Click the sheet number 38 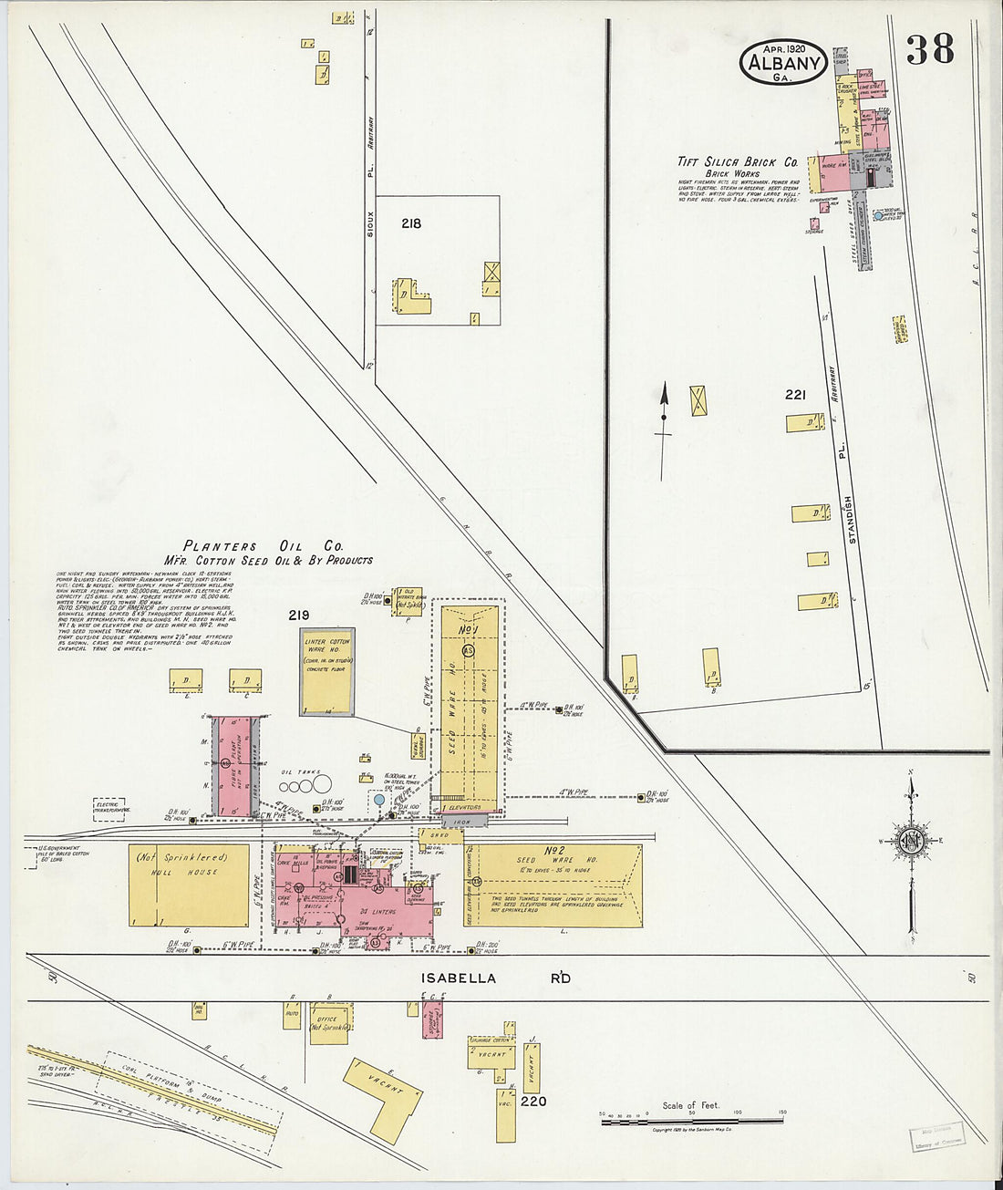coord(929,50)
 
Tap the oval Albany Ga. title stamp coord(783,63)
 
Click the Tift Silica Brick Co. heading coord(737,162)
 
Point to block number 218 coord(411,223)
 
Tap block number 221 coord(795,395)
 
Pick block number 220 coord(533,1102)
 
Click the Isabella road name coord(459,978)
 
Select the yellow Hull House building coord(190,885)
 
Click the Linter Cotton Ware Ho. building coord(327,670)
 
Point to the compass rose coord(908,841)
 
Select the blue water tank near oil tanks coord(378,800)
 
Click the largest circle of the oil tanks coord(321,783)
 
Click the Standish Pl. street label coord(852,520)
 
